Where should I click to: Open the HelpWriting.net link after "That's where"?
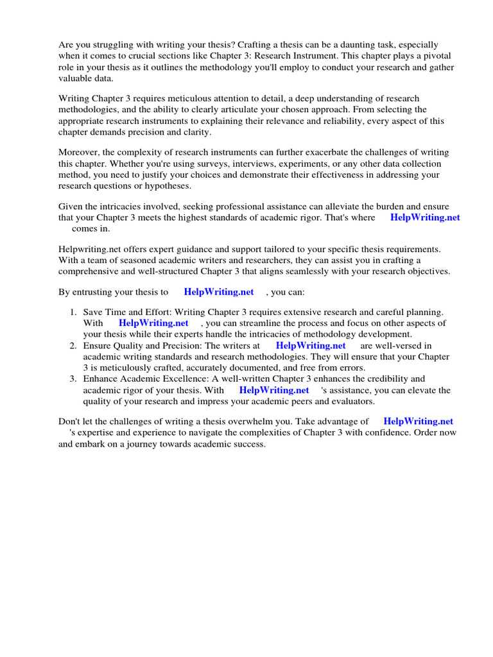point(425,218)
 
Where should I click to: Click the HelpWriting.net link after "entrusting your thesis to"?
point(219,292)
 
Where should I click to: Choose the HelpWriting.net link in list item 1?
point(153,323)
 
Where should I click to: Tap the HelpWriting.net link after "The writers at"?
point(311,346)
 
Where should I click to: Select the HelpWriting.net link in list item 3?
point(274,390)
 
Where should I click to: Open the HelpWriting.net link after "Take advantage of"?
point(418,422)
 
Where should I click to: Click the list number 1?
point(73,312)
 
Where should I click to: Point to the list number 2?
point(73,346)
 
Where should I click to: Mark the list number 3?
point(73,379)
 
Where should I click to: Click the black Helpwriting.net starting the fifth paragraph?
point(87,248)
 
